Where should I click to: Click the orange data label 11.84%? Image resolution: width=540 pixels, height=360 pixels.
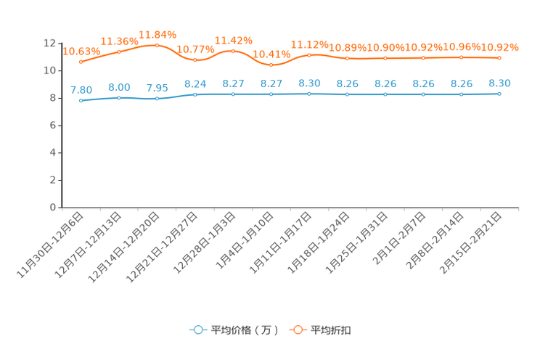coord(157,35)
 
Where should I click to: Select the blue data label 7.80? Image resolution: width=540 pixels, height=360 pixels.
coord(81,90)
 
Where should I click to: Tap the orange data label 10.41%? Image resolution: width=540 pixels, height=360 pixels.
coord(271,54)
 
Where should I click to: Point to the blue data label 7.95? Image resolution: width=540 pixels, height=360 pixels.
coord(157,88)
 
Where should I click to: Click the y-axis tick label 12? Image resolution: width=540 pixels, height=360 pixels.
coord(49,43)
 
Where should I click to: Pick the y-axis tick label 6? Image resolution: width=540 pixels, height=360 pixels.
coord(53,126)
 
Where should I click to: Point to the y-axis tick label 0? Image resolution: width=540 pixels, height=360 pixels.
coord(53,208)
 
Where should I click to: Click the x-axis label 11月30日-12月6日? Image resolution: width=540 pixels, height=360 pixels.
coord(50,245)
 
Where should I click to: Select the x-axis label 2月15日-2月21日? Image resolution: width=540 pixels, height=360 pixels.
coord(470,243)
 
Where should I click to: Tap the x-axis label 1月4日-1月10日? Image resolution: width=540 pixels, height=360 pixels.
coord(245,240)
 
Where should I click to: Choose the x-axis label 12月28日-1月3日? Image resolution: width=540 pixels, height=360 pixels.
coord(204,242)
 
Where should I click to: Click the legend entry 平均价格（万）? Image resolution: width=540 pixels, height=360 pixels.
coord(234,330)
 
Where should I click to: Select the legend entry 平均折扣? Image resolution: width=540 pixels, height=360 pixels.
coord(320,330)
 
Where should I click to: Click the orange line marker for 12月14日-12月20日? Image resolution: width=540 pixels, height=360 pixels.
coord(157,45)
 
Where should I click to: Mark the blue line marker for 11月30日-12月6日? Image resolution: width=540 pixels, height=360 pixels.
coord(81,101)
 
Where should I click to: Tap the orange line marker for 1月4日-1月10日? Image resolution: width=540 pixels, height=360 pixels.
coord(271,65)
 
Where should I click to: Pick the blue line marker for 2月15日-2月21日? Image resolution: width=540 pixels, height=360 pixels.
coord(499,94)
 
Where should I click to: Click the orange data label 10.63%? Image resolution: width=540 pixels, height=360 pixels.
coord(81,52)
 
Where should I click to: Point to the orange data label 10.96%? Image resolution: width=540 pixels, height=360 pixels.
coord(462,46)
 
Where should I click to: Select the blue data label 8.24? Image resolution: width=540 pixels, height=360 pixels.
coord(195,84)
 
